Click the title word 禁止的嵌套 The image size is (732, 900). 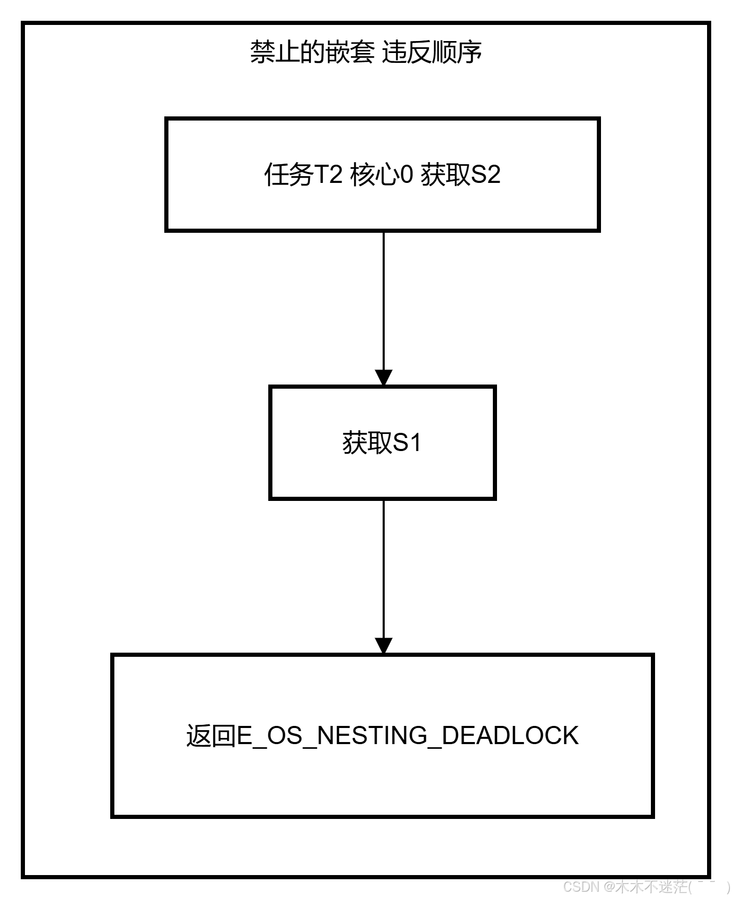pos(312,52)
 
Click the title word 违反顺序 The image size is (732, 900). pos(432,52)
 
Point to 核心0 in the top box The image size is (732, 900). pos(382,174)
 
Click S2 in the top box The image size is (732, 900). pos(486,174)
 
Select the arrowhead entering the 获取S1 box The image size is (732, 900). pos(384,378)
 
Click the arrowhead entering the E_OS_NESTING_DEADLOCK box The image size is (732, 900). pos(384,646)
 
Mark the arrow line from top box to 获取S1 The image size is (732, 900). pos(384,301)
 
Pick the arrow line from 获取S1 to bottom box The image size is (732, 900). pos(384,569)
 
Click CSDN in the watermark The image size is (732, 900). pos(580,886)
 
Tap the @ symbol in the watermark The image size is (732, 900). pos(608,886)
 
